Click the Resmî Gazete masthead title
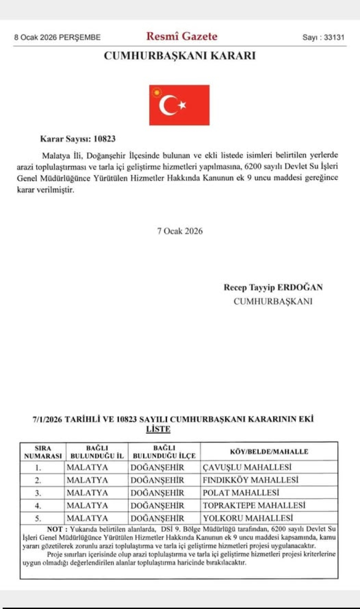(x=181, y=36)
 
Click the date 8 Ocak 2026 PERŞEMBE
(x=57, y=37)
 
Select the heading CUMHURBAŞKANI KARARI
(x=180, y=56)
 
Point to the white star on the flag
(x=182, y=105)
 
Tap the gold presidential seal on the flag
(x=156, y=92)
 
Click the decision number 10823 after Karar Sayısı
(x=105, y=139)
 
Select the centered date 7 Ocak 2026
(x=180, y=231)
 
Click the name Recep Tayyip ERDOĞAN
(x=273, y=287)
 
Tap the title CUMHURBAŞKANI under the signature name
(x=273, y=301)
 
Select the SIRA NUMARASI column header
(x=43, y=451)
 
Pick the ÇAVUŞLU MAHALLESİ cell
(x=248, y=467)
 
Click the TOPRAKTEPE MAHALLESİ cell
(x=254, y=505)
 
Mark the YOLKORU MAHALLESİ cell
(x=248, y=518)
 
